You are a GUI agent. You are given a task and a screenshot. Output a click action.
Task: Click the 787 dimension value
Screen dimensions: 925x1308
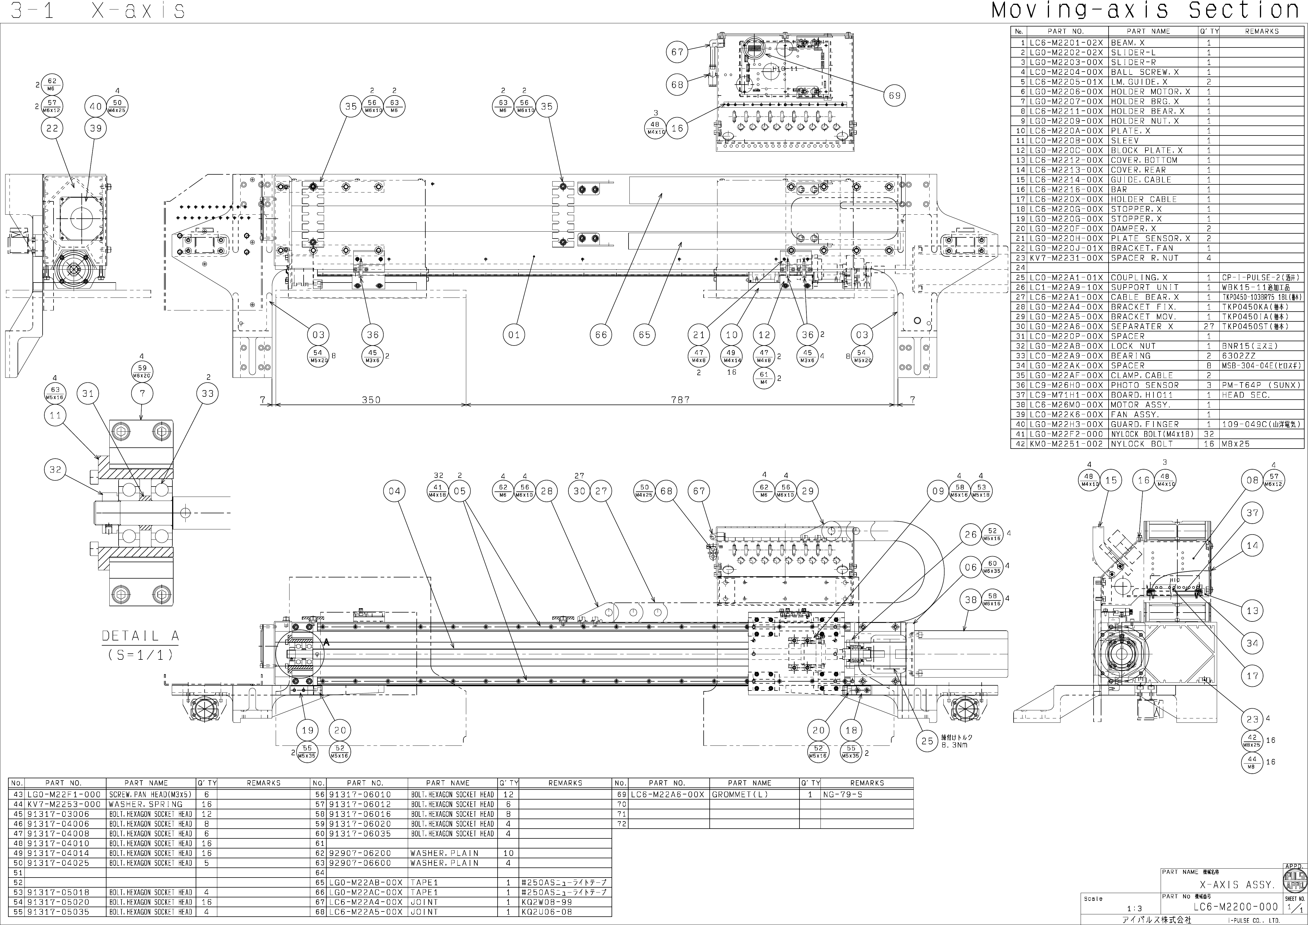pos(680,400)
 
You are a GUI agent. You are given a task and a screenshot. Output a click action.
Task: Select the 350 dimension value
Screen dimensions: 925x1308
pos(371,400)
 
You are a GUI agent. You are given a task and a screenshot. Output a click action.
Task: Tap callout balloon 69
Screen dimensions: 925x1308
pos(894,96)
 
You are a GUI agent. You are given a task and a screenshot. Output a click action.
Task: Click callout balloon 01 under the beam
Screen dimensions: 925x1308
pos(514,335)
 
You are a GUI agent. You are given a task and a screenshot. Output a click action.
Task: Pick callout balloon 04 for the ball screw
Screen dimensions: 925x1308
pos(395,491)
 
